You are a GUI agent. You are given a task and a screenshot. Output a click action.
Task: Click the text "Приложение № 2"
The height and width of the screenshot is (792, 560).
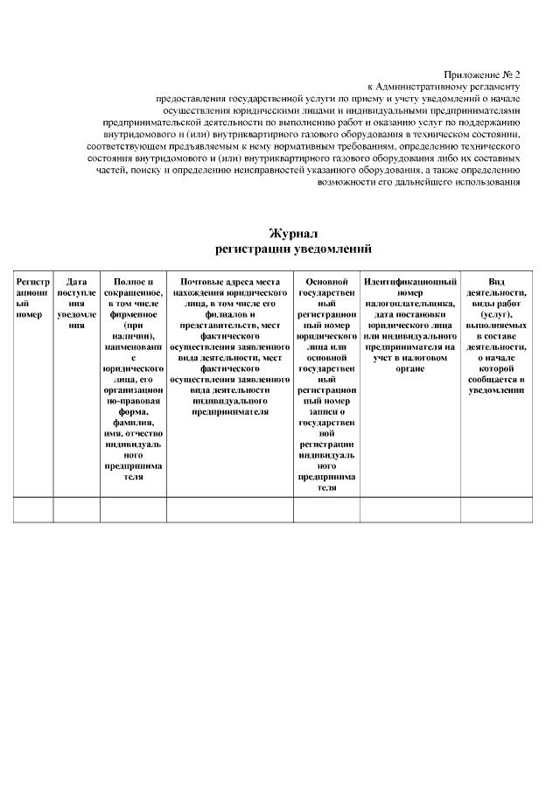pyautogui.click(x=481, y=75)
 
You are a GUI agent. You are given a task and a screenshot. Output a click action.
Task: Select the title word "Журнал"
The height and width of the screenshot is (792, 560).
pyautogui.click(x=293, y=234)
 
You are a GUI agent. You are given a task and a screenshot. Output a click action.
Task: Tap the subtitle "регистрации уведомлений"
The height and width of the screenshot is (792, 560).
pyautogui.click(x=293, y=249)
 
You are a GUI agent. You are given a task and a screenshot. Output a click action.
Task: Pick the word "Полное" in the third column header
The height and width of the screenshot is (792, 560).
pyautogui.click(x=133, y=282)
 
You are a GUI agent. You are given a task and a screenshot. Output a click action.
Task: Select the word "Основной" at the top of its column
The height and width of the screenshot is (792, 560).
pyautogui.click(x=326, y=282)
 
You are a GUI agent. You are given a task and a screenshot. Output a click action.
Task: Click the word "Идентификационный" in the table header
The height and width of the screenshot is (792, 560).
pyautogui.click(x=409, y=282)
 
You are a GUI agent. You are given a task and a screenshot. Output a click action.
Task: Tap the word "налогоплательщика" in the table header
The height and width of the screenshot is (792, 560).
pyautogui.click(x=409, y=303)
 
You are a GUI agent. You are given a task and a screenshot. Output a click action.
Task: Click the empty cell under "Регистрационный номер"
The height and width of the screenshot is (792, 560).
pyautogui.click(x=33, y=509)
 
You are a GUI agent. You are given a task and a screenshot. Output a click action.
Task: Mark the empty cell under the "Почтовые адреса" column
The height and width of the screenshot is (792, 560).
pyautogui.click(x=229, y=509)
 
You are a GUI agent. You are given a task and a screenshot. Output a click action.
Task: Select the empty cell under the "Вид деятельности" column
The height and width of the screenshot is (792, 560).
pyautogui.click(x=496, y=509)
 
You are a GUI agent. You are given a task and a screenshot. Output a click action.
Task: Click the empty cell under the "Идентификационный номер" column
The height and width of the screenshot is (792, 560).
pyautogui.click(x=409, y=509)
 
